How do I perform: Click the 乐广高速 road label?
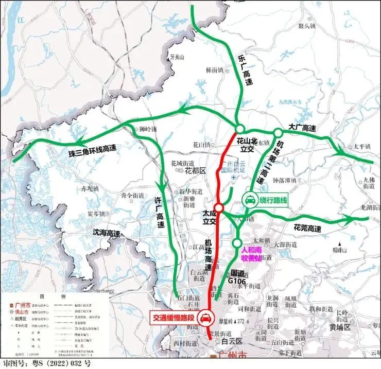click(x=246, y=70)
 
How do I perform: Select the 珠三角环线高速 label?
click(x=93, y=151)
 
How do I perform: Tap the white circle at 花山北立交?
click(x=239, y=129)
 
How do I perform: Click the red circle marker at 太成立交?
click(x=219, y=207)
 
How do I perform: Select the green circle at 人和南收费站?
click(x=237, y=243)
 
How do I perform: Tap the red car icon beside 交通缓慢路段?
click(x=205, y=318)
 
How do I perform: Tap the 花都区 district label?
click(x=195, y=170)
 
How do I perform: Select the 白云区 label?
click(x=231, y=341)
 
